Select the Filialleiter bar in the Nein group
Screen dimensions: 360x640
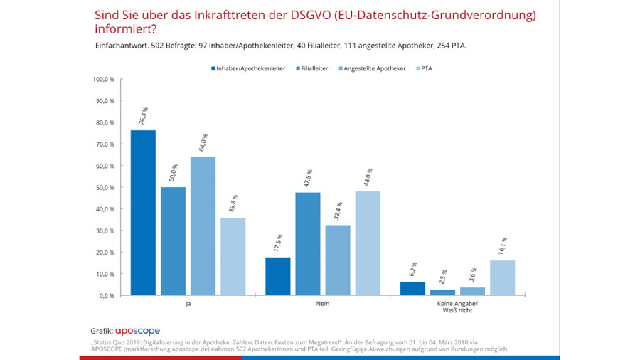(x=308, y=244)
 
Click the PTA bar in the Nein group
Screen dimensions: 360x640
(x=367, y=243)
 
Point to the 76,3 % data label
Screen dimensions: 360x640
(x=145, y=117)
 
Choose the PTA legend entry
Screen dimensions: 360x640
(x=424, y=68)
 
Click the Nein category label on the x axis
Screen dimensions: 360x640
(x=323, y=305)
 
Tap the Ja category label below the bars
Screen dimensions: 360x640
(x=187, y=305)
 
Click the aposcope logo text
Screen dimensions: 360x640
(x=138, y=331)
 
